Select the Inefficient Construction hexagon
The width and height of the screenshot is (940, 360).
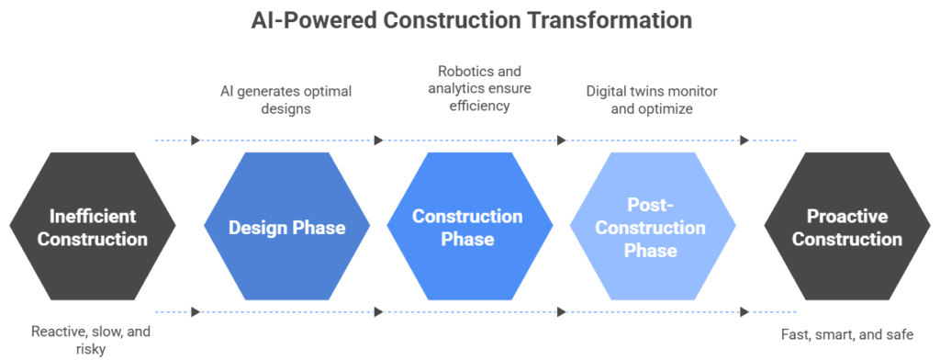[93, 226]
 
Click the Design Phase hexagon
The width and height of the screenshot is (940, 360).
[287, 226]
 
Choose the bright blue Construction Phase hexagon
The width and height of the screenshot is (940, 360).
[470, 226]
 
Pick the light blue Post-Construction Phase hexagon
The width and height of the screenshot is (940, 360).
[653, 226]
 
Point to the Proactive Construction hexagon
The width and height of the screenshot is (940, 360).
[847, 226]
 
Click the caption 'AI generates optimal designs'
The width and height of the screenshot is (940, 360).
[286, 99]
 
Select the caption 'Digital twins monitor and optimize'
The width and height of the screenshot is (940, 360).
[652, 99]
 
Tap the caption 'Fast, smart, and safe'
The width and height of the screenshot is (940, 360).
[847, 334]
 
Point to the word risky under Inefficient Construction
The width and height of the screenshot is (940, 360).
[91, 348]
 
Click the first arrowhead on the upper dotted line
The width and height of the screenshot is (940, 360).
[196, 141]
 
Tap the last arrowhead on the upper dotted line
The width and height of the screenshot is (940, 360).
[744, 141]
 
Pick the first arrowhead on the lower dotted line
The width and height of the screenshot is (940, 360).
[196, 312]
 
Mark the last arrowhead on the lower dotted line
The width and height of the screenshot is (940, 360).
[744, 312]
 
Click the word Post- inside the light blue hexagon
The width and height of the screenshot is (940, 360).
[651, 205]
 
